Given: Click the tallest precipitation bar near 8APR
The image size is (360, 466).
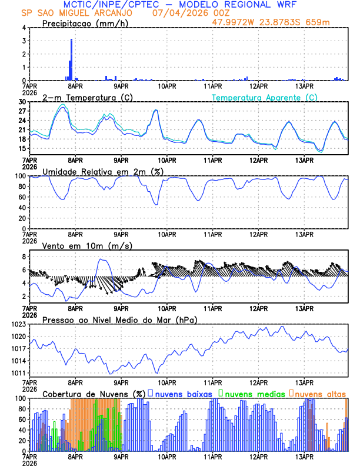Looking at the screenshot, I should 71,59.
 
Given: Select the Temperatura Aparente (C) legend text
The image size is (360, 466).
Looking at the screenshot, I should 264,97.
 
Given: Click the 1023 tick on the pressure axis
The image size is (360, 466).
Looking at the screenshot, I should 18,324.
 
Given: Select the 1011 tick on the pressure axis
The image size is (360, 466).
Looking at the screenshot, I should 18,374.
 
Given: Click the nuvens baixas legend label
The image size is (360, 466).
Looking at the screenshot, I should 183,394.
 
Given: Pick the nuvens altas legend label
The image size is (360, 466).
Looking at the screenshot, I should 320,394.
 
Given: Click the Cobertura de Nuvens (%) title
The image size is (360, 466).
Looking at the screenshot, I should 94,394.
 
